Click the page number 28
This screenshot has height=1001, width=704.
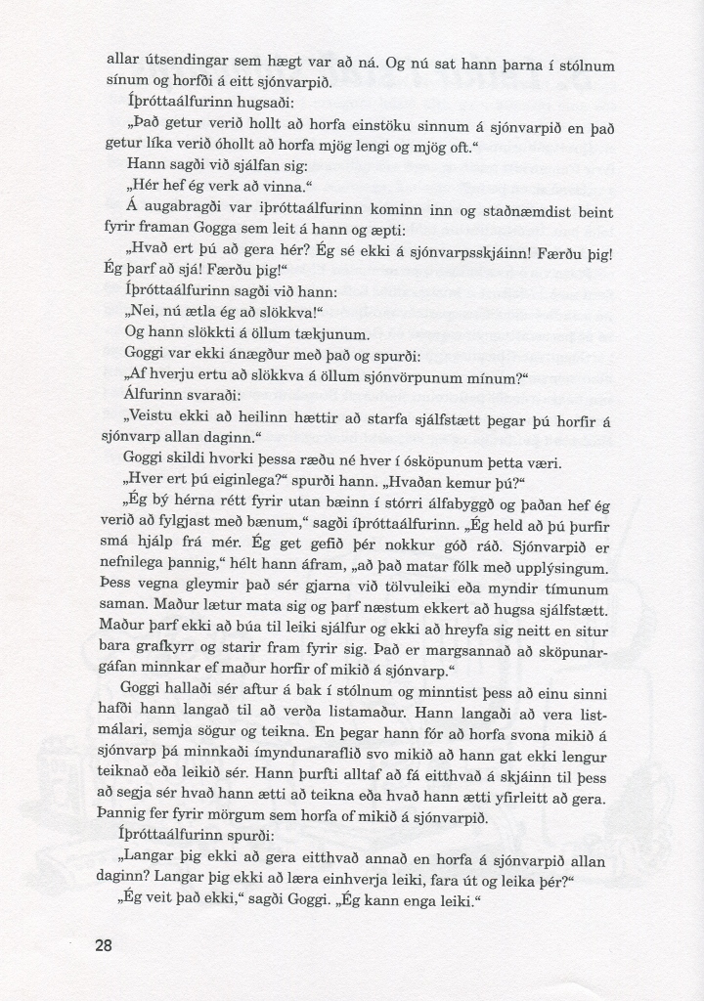(x=107, y=945)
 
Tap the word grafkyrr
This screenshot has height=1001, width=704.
(x=186, y=652)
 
